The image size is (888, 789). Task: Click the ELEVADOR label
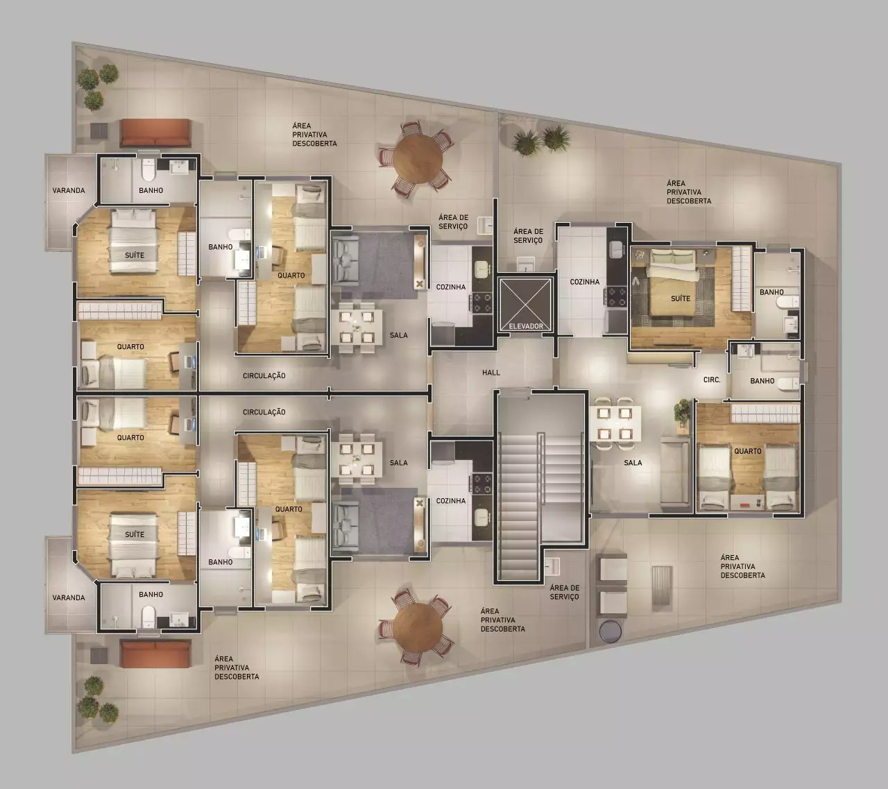(526, 326)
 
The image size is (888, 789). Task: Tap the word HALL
(491, 373)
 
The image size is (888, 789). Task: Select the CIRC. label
(712, 380)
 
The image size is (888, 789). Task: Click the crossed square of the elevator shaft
(526, 305)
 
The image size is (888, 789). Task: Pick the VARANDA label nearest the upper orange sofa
(69, 190)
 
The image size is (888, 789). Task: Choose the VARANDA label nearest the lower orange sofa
(69, 597)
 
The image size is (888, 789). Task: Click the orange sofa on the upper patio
(155, 133)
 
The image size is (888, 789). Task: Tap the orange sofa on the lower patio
(155, 654)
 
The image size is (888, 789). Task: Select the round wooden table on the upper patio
(418, 159)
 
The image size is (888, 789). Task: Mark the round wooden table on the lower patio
(418, 627)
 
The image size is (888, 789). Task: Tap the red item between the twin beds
(744, 505)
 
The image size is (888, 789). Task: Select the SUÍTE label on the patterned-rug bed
(681, 298)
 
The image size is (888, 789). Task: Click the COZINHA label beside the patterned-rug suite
(585, 282)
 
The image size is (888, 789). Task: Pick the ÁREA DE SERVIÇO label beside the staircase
(564, 592)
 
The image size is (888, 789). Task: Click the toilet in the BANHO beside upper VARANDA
(148, 171)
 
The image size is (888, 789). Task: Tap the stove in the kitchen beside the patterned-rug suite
(617, 296)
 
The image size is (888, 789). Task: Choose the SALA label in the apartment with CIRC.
(633, 462)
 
